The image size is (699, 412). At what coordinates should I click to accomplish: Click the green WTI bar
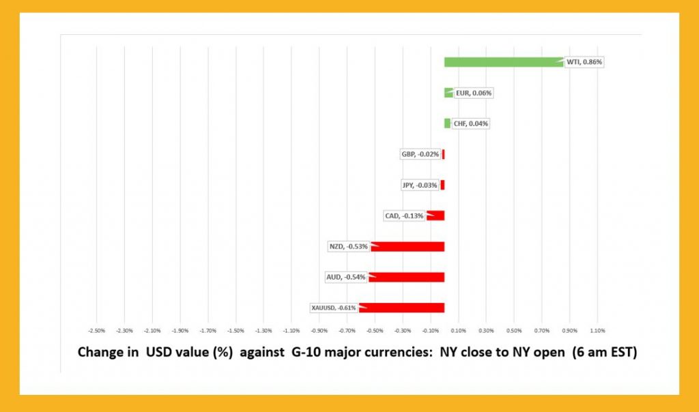pyautogui.click(x=504, y=62)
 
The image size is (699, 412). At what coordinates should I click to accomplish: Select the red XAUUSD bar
pyautogui.click(x=403, y=308)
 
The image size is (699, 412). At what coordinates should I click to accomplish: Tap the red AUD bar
pyautogui.click(x=407, y=277)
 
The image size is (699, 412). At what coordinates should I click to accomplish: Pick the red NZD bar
pyautogui.click(x=408, y=246)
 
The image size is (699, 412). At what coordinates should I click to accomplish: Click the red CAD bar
pyautogui.click(x=436, y=216)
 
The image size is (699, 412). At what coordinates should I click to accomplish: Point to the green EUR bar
pyautogui.click(x=448, y=93)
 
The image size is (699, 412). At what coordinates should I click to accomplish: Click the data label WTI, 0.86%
pyautogui.click(x=586, y=62)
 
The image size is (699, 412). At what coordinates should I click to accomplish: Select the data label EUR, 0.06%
pyautogui.click(x=474, y=93)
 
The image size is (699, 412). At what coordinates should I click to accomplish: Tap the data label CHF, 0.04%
pyautogui.click(x=471, y=123)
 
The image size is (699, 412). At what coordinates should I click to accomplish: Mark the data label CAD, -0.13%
pyautogui.click(x=404, y=216)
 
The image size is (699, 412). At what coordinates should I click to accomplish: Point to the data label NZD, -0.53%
pyautogui.click(x=348, y=246)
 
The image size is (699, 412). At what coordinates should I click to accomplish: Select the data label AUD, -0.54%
pyautogui.click(x=345, y=277)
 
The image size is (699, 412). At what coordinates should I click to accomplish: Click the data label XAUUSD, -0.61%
pyautogui.click(x=334, y=308)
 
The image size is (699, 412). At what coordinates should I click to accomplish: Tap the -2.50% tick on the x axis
pyautogui.click(x=97, y=331)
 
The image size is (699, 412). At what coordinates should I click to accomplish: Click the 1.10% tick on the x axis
pyautogui.click(x=597, y=331)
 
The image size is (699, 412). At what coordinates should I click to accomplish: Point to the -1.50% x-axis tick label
pyautogui.click(x=236, y=331)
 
